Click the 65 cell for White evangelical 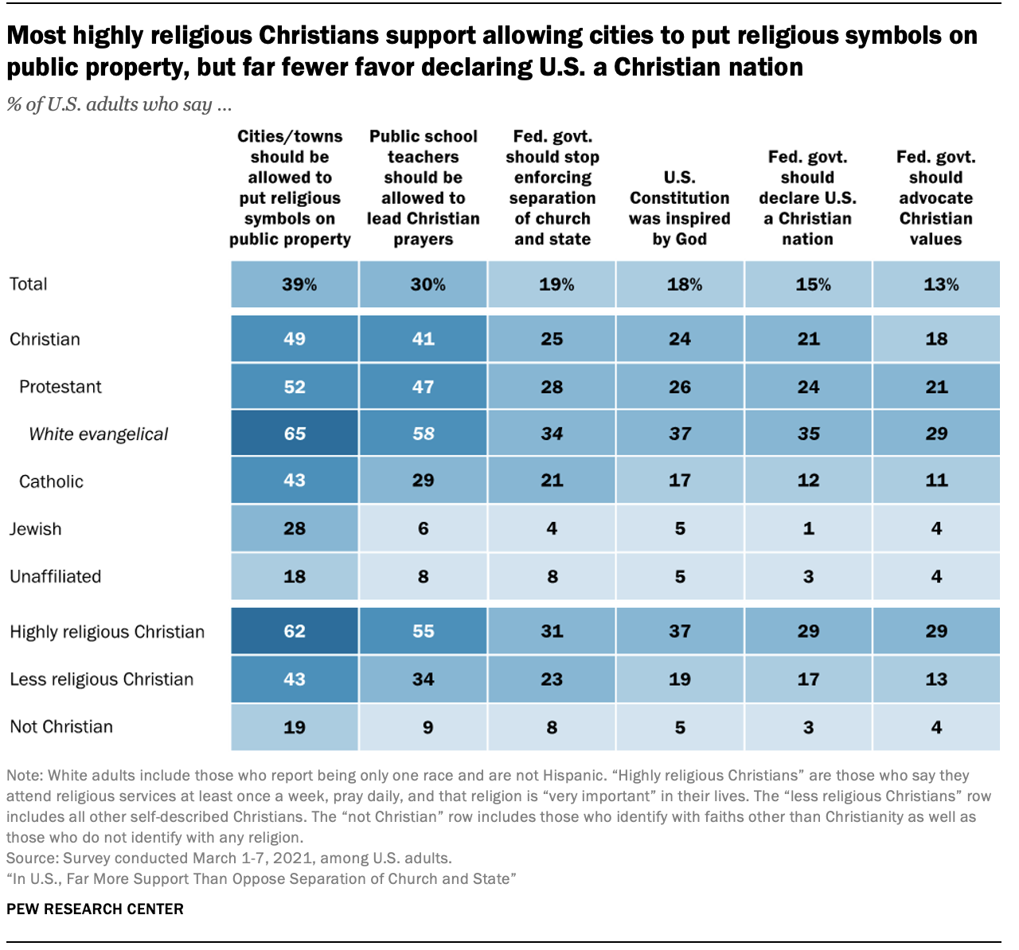pyautogui.click(x=295, y=434)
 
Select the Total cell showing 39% pyautogui.click(x=295, y=284)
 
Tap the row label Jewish pyautogui.click(x=35, y=529)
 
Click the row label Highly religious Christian pyautogui.click(x=107, y=632)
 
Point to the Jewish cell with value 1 pyautogui.click(x=808, y=528)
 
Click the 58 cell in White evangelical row pyautogui.click(x=423, y=434)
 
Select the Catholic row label pyautogui.click(x=51, y=481)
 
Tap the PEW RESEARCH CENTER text pyautogui.click(x=95, y=909)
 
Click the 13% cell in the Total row pyautogui.click(x=937, y=284)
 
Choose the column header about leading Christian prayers pyautogui.click(x=423, y=188)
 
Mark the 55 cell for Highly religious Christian pyautogui.click(x=423, y=631)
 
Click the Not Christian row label pyautogui.click(x=61, y=726)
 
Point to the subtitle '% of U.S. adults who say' pyautogui.click(x=119, y=104)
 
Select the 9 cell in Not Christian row pyautogui.click(x=423, y=726)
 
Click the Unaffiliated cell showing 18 pyautogui.click(x=295, y=576)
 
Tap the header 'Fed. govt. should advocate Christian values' pyautogui.click(x=936, y=198)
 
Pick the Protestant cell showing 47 pyautogui.click(x=423, y=387)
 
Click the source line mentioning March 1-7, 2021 pyautogui.click(x=228, y=858)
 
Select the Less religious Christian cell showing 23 pyautogui.click(x=552, y=679)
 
